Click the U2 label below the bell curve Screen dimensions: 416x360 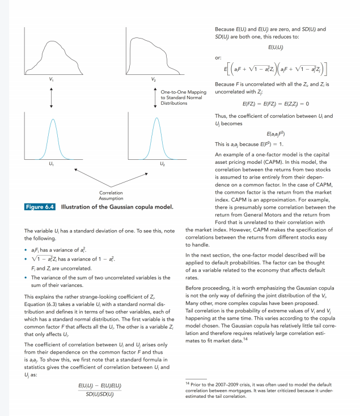(162, 164)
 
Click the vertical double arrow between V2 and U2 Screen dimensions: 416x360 (154, 96)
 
